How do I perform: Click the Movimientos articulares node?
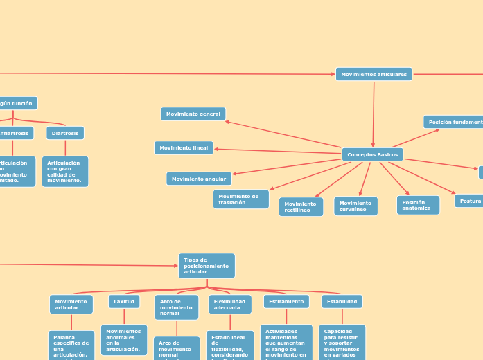(374, 74)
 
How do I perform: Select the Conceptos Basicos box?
(372, 154)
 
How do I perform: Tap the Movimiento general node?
(193, 114)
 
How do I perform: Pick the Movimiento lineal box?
(184, 147)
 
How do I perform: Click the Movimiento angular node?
(199, 179)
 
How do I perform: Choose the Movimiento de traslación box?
(240, 199)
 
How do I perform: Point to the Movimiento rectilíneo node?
(301, 206)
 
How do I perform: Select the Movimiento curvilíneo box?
(355, 206)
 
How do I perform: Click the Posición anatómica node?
(418, 205)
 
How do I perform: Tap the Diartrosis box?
(65, 133)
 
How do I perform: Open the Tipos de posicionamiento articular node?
(207, 266)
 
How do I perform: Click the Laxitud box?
(124, 302)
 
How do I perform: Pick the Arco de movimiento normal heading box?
(176, 307)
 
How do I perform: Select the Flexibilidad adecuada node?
(230, 305)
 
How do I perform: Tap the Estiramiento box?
(286, 302)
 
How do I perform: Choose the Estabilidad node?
(342, 302)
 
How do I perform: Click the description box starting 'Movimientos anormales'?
(123, 340)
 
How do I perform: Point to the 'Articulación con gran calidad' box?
(65, 171)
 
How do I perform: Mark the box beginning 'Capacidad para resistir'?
(342, 343)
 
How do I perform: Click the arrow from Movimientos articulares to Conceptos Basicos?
(374, 114)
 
